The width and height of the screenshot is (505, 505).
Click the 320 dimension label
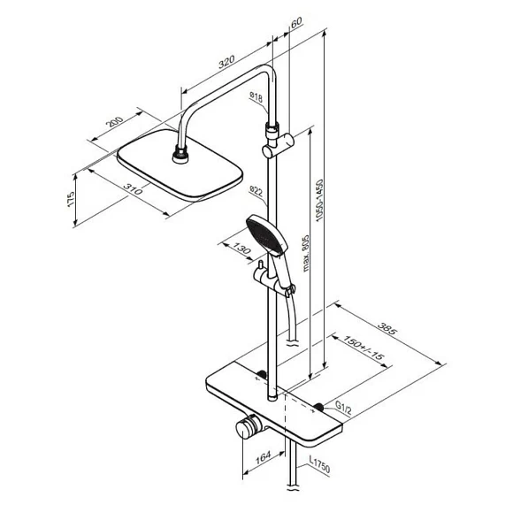click(226, 62)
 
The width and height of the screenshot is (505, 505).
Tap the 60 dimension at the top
click(296, 22)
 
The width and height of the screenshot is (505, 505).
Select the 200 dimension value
click(115, 121)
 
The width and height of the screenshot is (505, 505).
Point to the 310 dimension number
click(133, 189)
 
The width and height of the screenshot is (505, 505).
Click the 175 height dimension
click(70, 199)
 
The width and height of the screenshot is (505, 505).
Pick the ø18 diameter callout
click(256, 97)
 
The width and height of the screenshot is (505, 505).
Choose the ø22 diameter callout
click(256, 191)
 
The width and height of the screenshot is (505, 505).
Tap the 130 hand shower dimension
click(241, 249)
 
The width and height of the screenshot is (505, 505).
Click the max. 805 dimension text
click(306, 253)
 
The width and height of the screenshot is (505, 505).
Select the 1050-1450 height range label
click(319, 201)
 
